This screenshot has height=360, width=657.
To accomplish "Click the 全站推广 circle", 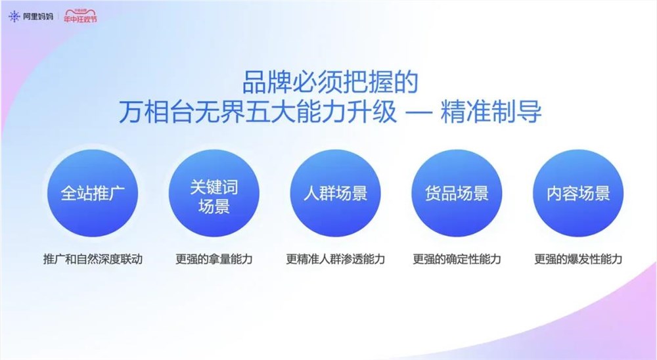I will [x=92, y=194].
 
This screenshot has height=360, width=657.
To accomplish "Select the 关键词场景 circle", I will [x=214, y=194].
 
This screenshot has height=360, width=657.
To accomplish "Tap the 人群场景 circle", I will [x=335, y=194].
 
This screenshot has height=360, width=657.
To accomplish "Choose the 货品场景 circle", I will [x=457, y=194].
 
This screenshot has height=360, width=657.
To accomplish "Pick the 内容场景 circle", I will [x=578, y=194].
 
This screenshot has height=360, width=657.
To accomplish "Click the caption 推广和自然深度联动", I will [x=92, y=259].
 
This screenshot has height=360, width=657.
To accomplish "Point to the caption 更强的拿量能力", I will [x=214, y=259].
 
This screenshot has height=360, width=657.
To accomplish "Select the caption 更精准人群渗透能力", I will [x=335, y=259].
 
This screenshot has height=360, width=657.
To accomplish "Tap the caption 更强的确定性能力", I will [x=457, y=259].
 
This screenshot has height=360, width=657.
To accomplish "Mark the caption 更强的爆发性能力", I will [x=578, y=259].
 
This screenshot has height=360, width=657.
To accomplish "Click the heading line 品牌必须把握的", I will [x=330, y=83].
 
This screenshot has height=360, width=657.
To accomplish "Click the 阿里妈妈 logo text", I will [x=37, y=16].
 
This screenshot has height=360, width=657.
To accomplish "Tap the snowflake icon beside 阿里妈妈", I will [x=14, y=16].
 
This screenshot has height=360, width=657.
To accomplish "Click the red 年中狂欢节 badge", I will [x=80, y=17].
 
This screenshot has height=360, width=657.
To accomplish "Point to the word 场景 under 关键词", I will [x=214, y=207].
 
